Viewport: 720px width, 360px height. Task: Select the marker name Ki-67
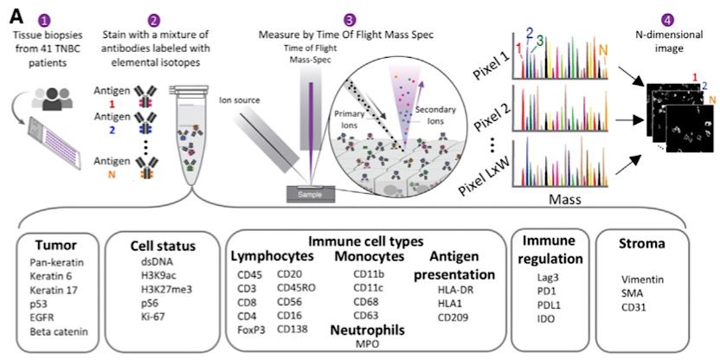point(152,318)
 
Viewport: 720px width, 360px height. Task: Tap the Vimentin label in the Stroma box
point(636,280)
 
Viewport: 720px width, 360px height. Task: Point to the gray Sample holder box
point(311,194)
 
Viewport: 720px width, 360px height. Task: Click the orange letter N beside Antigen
point(111,175)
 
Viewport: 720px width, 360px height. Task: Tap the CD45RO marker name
point(296,288)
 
